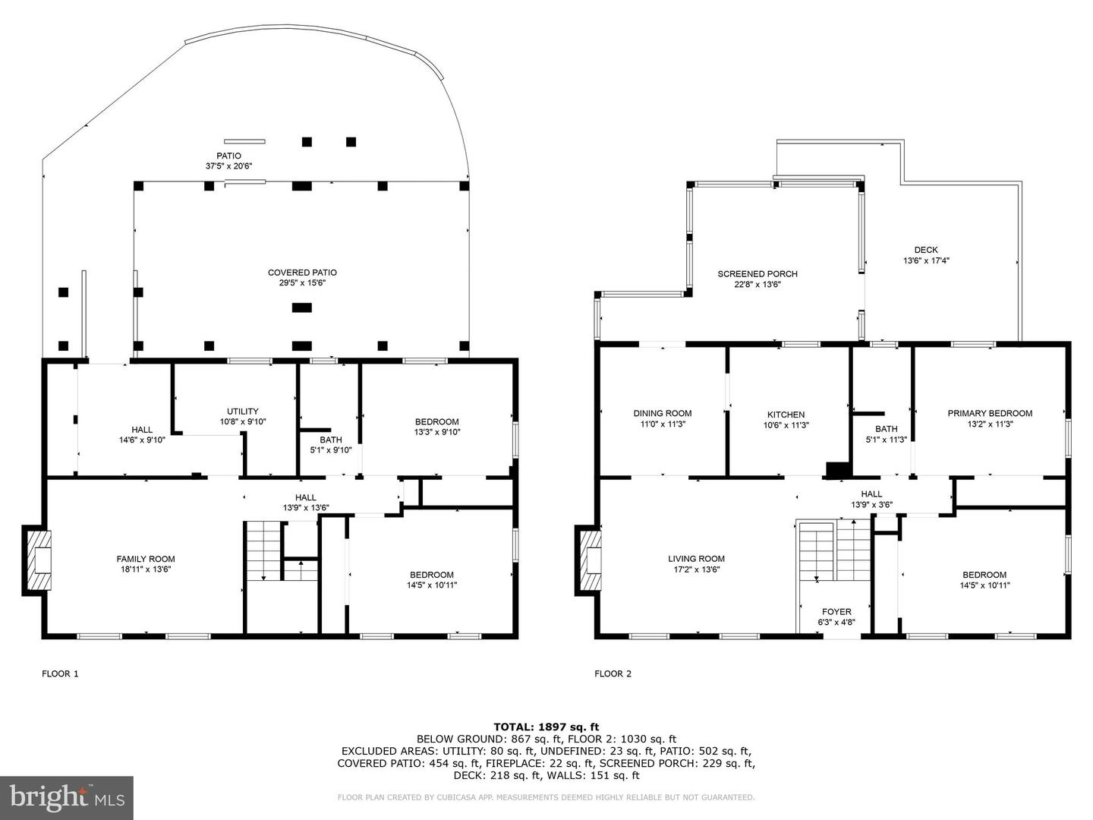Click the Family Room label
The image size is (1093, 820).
coord(146,559)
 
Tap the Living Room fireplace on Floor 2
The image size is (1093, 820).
coord(588,560)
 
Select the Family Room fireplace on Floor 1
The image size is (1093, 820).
coord(37,560)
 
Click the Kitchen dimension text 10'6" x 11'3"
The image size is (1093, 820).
coord(786,425)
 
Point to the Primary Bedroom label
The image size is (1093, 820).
coord(990,413)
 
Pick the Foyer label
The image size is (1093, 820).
coord(836,611)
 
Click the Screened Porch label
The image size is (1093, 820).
coord(758,274)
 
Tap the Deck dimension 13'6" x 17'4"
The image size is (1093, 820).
coord(926,260)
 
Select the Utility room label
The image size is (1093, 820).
coord(242,412)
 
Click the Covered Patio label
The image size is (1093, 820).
coord(302,273)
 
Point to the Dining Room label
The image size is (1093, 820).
coord(663,413)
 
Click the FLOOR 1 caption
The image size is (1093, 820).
coord(60,673)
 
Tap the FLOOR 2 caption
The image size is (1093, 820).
coord(613,673)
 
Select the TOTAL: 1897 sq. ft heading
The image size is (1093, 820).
coord(546,727)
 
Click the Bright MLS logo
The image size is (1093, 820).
coord(67,797)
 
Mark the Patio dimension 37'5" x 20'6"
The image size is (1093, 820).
coord(229,166)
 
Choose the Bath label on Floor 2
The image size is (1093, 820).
coord(887,429)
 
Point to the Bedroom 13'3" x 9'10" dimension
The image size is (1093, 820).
coord(437,432)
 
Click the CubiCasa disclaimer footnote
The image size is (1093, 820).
coord(546,797)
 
